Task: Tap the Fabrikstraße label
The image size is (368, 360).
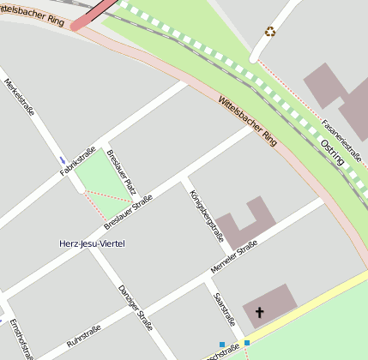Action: [x=76, y=160]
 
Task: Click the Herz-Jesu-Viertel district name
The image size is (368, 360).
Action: [x=92, y=244]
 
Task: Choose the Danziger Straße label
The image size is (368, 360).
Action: [x=136, y=307]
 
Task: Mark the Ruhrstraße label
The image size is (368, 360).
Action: [x=84, y=337]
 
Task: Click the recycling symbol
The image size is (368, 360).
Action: [x=270, y=32]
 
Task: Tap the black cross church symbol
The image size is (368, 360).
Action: [x=259, y=313]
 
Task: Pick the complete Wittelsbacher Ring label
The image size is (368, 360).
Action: [x=248, y=120]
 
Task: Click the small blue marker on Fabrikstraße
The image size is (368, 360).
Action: [x=63, y=160]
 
